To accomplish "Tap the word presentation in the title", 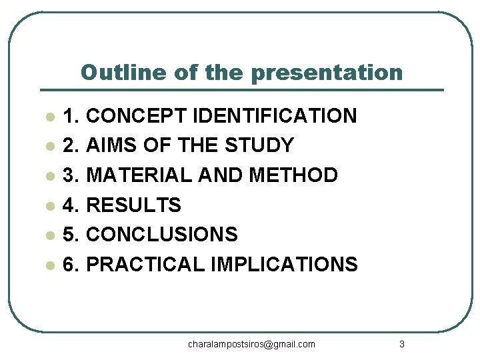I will pos(328,72).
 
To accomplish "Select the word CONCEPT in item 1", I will pos(137,116).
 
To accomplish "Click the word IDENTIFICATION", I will pos(274,116).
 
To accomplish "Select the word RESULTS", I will pos(134,205).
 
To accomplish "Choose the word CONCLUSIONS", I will pos(162,235).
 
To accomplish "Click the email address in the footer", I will pos(251,344).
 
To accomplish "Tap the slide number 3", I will pos(401,344).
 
